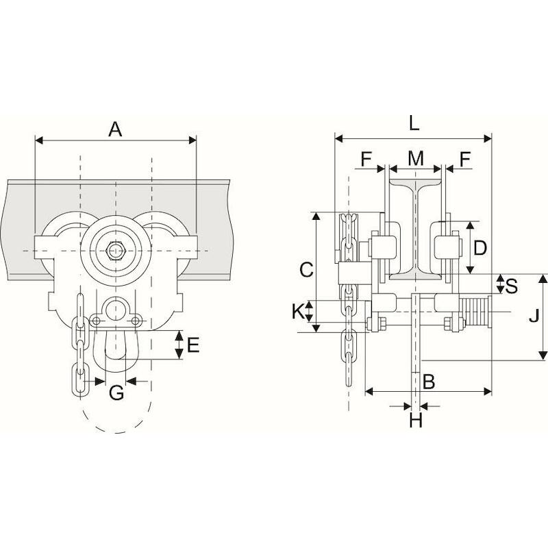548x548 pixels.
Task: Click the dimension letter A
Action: click(115, 129)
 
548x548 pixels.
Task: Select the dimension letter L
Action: click(414, 123)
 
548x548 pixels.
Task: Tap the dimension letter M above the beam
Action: click(416, 159)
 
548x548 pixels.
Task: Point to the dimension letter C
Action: click(306, 270)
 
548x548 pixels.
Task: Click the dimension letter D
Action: click(480, 248)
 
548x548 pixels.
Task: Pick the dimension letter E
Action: click(193, 345)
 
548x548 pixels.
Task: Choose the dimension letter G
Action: click(116, 393)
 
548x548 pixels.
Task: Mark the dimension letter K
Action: click(298, 312)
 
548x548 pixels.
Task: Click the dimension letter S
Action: click(511, 286)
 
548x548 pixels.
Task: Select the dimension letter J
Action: click(534, 317)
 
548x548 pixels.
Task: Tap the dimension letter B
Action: click(429, 382)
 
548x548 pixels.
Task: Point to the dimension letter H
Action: click(416, 420)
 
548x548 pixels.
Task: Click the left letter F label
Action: click(366, 160)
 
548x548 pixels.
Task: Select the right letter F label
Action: click(465, 160)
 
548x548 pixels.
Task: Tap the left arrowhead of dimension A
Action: click(39, 140)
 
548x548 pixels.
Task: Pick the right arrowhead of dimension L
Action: click(488, 139)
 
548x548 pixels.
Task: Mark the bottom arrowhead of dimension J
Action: click(543, 356)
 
